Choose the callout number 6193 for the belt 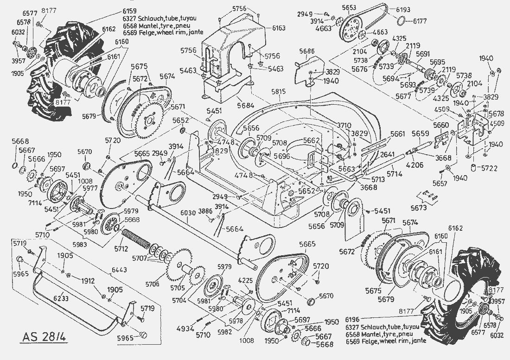(403, 9)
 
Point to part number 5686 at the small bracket (307, 51)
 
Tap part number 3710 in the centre (344, 126)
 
